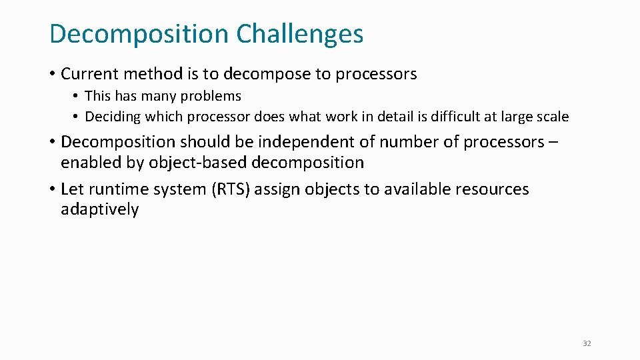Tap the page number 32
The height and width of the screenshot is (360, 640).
coord(587,343)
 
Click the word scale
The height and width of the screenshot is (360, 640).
coord(553,117)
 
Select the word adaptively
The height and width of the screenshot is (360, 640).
coord(100,209)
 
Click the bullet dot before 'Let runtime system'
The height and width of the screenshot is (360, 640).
coord(53,189)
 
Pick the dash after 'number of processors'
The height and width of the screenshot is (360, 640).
coord(554,142)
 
